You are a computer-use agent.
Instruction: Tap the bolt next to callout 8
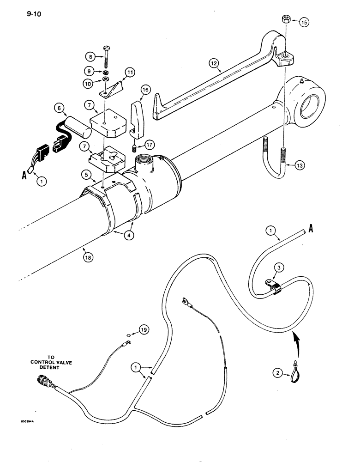tap(108, 58)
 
